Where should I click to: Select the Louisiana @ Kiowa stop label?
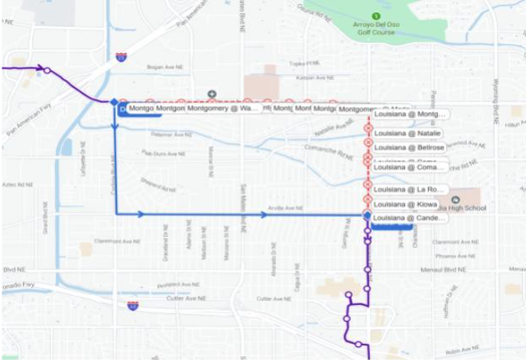pyautogui.click(x=405, y=204)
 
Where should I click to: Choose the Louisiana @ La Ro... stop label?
pyautogui.click(x=409, y=189)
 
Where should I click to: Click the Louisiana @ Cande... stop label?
pyautogui.click(x=409, y=218)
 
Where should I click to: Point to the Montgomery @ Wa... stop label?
pyautogui.click(x=222, y=109)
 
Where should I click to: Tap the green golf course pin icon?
pyautogui.click(x=375, y=15)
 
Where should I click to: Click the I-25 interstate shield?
pyautogui.click(x=122, y=57)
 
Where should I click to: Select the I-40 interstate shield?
pyautogui.click(x=133, y=306)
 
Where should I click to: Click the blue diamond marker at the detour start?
pyautogui.click(x=114, y=102)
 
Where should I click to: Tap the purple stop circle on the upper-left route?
pyautogui.click(x=47, y=71)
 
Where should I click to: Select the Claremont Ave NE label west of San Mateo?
pyautogui.click(x=116, y=242)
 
